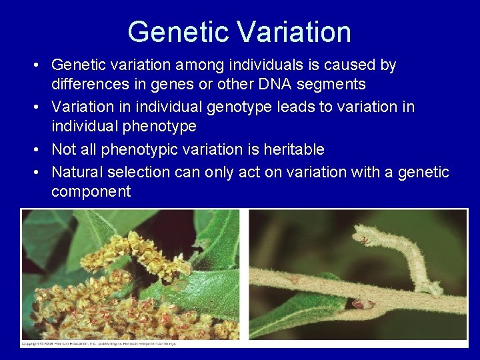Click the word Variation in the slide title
pyautogui.click(x=293, y=32)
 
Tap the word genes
pyautogui.click(x=183, y=84)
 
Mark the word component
pyautogui.click(x=91, y=192)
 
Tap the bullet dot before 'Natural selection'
pyautogui.click(x=38, y=172)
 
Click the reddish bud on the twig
pyautogui.click(x=362, y=304)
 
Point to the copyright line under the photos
pyautogui.click(x=100, y=343)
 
